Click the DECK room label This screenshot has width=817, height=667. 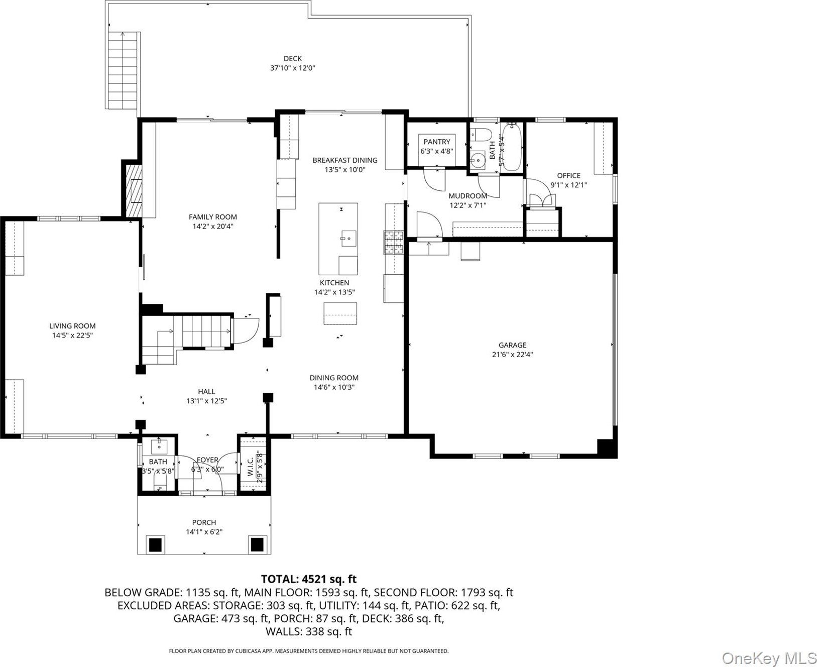tap(293, 59)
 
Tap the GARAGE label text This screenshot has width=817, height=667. tap(512, 345)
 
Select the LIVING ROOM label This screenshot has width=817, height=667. tap(72, 326)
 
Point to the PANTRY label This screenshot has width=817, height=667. tap(437, 142)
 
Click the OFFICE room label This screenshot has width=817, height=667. tap(568, 176)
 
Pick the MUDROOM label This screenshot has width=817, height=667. tap(468, 196)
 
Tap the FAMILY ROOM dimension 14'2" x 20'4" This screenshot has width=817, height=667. tap(213, 226)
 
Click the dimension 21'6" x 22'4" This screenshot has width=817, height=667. tap(512, 355)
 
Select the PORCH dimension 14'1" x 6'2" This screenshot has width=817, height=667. tap(204, 532)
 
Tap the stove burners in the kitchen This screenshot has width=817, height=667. tap(394, 243)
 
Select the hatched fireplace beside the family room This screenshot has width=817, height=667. tap(134, 191)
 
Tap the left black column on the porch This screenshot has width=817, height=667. tap(156, 544)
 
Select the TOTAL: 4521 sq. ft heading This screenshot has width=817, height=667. tap(309, 579)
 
